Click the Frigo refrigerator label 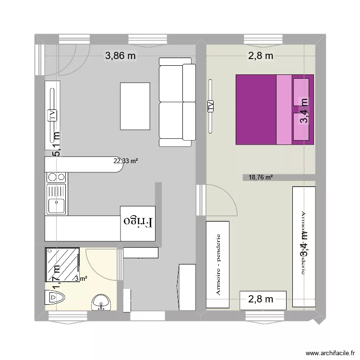click(x=138, y=222)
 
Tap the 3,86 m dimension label click(x=120, y=56)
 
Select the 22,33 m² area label click(x=126, y=161)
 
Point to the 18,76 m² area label click(x=261, y=177)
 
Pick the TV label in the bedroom click(x=211, y=106)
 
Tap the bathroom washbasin click(x=101, y=302)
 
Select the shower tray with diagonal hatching click(x=61, y=264)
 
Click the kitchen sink click(x=57, y=205)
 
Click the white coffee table click(x=135, y=106)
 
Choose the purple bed click(x=274, y=109)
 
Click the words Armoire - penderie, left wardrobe click(x=218, y=264)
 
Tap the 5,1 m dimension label click(x=56, y=144)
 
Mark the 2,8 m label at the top click(x=261, y=56)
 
